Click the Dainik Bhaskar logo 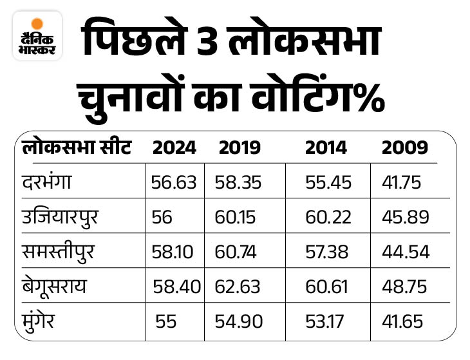click(x=37, y=37)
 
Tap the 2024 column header click(x=174, y=147)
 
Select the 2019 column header click(x=240, y=147)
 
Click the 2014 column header click(x=326, y=147)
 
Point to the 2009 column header click(x=404, y=147)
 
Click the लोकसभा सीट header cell click(x=76, y=147)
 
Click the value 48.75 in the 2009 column click(x=405, y=287)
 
